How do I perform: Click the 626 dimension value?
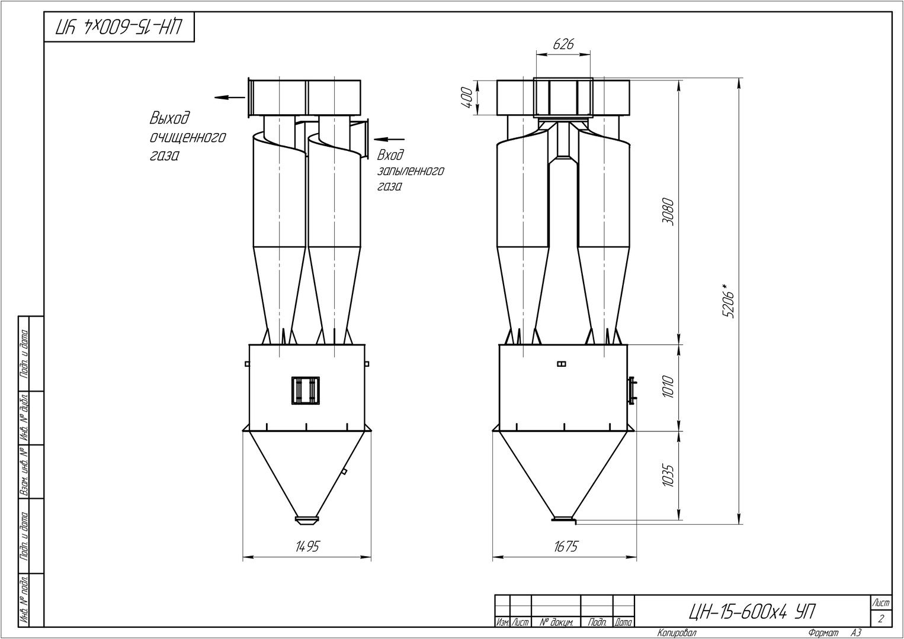click(x=563, y=44)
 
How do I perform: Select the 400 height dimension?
click(x=467, y=97)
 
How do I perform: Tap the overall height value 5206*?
click(x=729, y=300)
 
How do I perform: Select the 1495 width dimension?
click(x=307, y=547)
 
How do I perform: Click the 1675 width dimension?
click(x=566, y=547)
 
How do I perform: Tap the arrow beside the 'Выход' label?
click(x=230, y=97)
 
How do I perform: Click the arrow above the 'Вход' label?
click(x=389, y=140)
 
